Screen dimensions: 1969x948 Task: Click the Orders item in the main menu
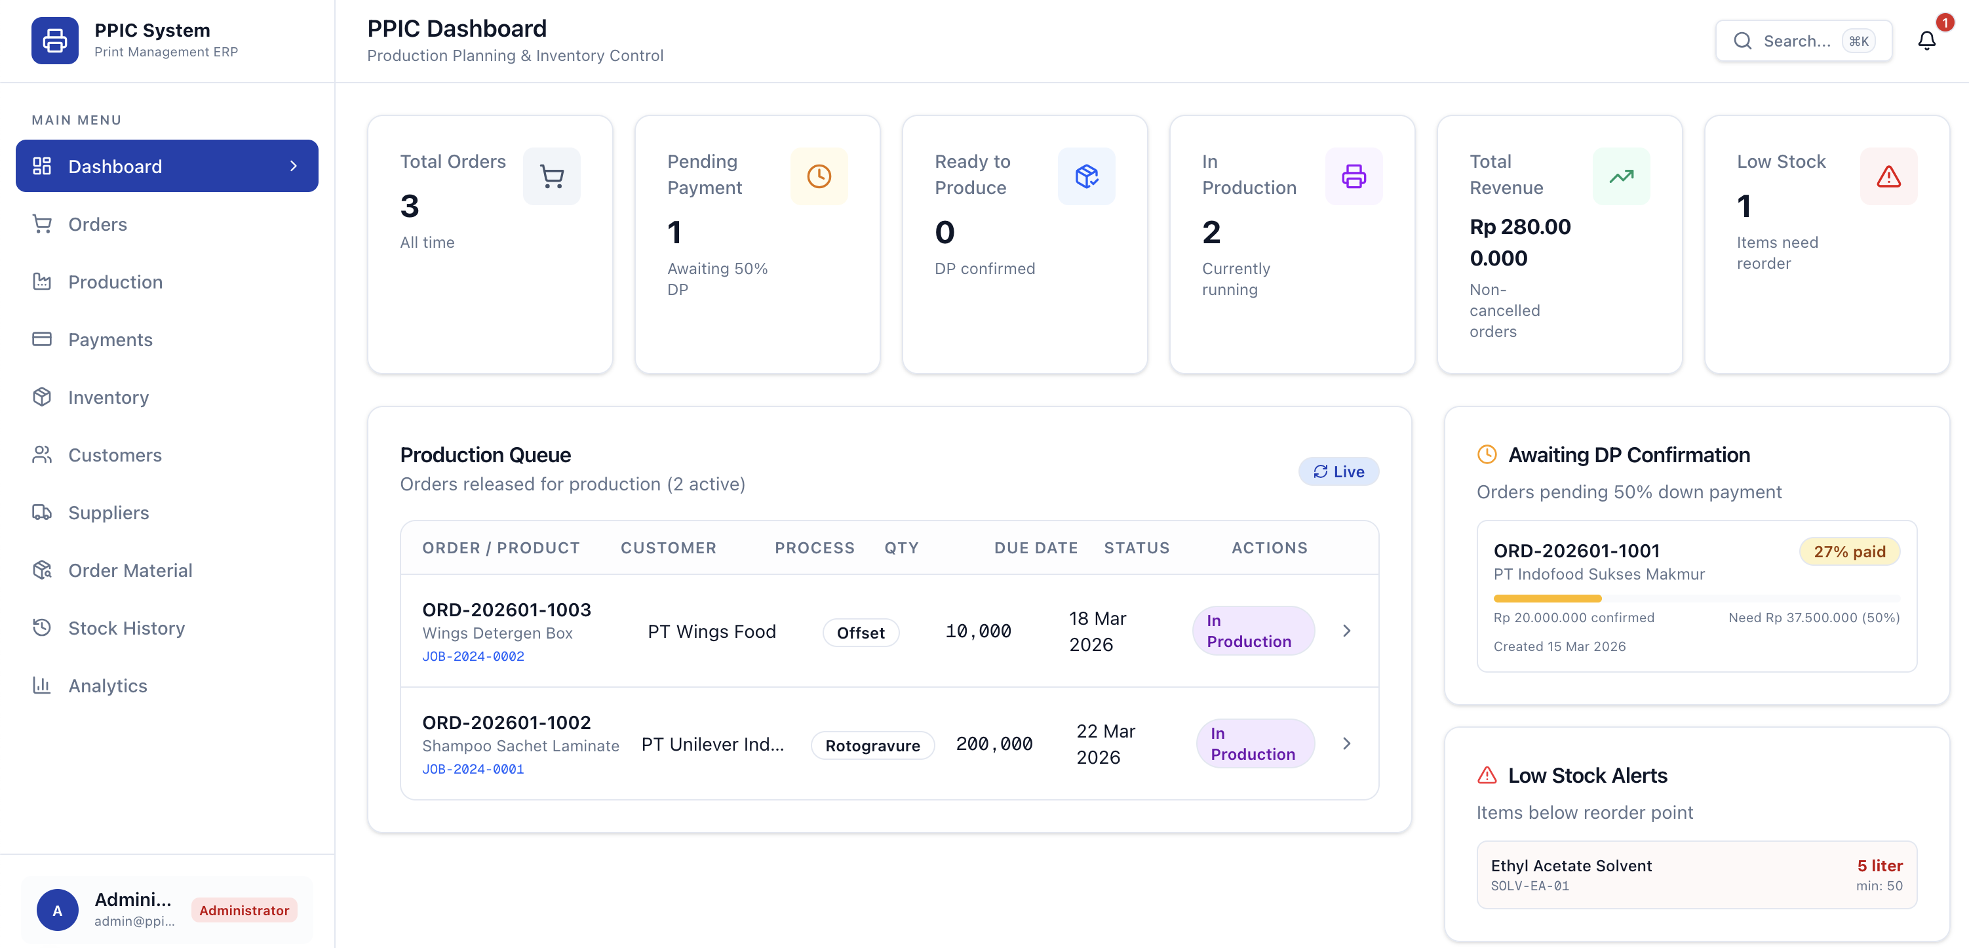pos(97,224)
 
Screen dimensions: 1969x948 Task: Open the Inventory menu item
pos(107,397)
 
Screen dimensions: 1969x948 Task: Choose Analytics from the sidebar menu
pos(107,686)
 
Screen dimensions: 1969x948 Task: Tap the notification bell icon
pos(1926,41)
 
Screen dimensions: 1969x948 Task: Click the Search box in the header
pos(1803,41)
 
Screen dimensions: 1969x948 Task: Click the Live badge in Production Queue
pos(1338,472)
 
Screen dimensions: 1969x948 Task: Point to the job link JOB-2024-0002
pos(473,656)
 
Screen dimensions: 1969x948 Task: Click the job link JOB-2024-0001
pos(473,769)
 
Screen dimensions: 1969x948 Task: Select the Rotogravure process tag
pos(872,745)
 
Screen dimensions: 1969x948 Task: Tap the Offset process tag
pos(861,632)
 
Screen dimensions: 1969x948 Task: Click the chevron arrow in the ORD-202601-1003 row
pos(1347,631)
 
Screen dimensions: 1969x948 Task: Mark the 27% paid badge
pos(1850,551)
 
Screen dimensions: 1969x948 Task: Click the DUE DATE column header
pos(1036,548)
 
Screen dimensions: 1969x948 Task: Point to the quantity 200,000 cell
pos(994,744)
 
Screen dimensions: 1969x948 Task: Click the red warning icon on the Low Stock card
pos(1888,176)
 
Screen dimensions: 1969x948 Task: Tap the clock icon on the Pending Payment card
pos(819,176)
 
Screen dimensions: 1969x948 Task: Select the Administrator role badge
pos(244,910)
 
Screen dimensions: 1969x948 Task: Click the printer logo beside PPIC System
pos(55,41)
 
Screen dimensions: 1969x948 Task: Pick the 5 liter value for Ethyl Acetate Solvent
pos(1880,865)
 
